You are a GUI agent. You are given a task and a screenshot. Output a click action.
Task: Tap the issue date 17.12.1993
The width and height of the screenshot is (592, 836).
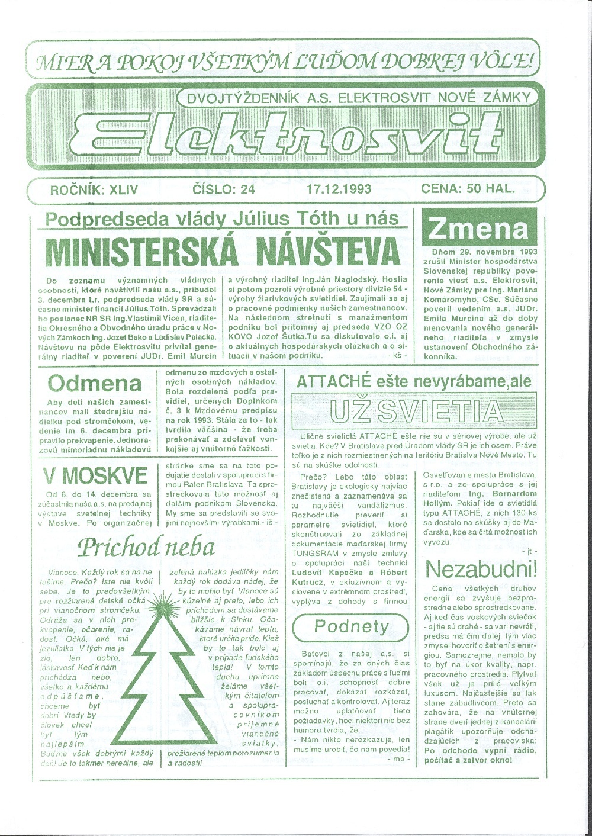coord(339,189)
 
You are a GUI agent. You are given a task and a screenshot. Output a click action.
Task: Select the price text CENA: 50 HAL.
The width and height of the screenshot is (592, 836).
coord(468,189)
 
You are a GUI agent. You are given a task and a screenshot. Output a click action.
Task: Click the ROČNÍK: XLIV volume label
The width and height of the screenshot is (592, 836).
coord(95,189)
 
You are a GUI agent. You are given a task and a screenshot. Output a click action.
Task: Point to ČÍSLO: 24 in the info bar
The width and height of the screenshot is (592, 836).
coord(224,189)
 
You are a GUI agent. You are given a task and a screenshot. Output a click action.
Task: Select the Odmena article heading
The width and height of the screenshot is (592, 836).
coord(95,383)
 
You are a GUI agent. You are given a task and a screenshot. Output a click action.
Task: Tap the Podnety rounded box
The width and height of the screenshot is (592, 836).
coord(352,626)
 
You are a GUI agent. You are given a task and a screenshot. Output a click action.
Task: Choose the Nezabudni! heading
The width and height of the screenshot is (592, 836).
coord(481,570)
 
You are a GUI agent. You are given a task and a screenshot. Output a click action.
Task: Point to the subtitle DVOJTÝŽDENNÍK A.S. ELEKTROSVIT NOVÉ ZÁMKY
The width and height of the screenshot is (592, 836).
coord(358,99)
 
